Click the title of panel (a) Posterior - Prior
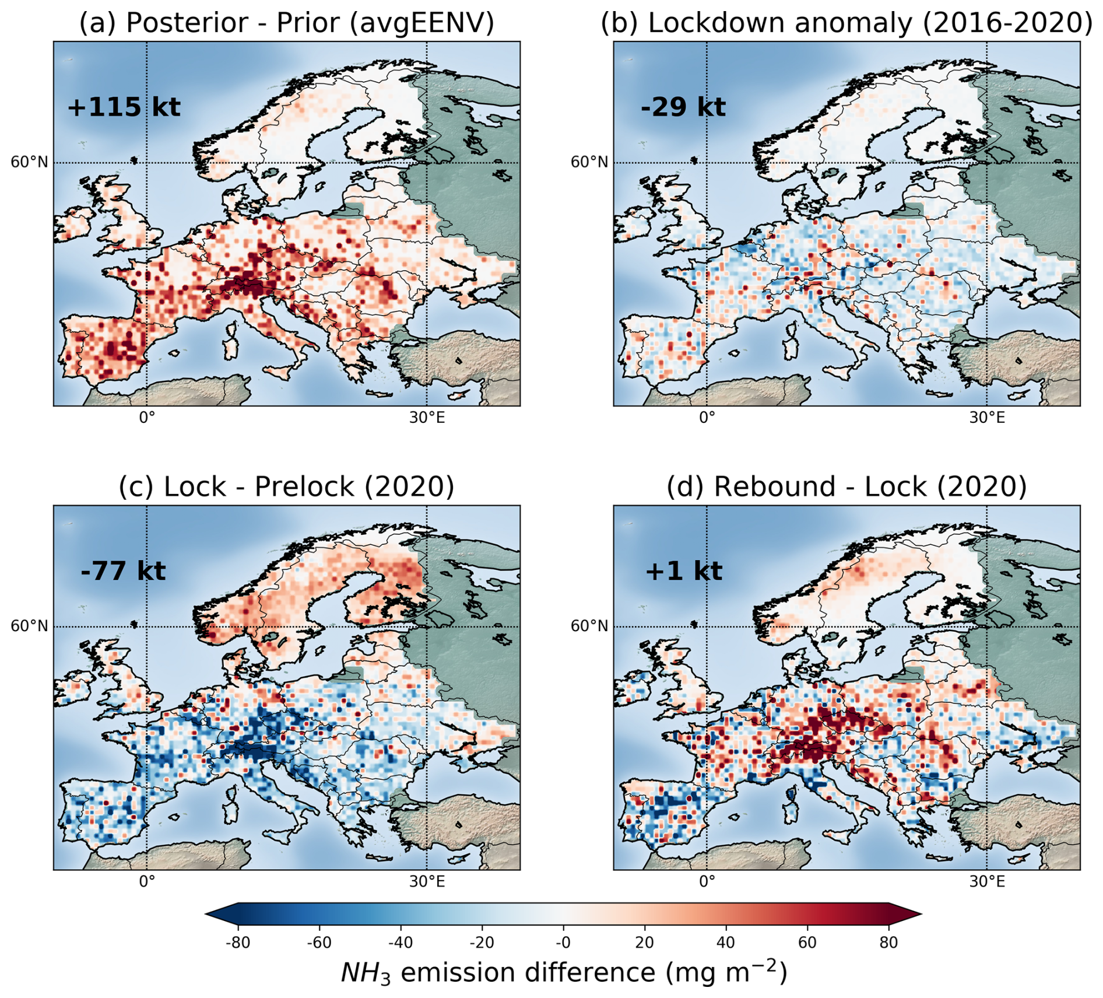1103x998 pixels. coord(286,23)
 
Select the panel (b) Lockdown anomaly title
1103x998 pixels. coord(846,23)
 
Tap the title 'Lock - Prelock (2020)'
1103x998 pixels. coord(286,486)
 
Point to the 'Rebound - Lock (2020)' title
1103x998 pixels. coord(846,486)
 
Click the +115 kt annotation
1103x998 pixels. coord(124,107)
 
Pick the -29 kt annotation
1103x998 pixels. coord(683,107)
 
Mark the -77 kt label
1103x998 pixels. coord(123,570)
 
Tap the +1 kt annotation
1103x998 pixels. coord(683,570)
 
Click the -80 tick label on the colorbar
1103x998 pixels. coord(237,943)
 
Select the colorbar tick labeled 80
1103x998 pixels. coord(888,943)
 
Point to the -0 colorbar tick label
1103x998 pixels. coord(563,943)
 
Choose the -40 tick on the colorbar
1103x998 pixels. coord(400,943)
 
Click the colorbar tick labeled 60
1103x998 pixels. coord(807,943)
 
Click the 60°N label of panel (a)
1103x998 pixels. coord(29,162)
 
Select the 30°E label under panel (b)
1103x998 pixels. coord(987,418)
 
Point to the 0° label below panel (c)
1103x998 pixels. coord(147,881)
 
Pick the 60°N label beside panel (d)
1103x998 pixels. coord(589,626)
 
